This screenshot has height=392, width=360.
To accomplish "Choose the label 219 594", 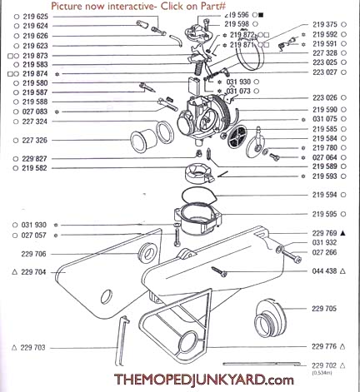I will [x=326, y=195].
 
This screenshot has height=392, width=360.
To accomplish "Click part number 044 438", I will [x=326, y=271].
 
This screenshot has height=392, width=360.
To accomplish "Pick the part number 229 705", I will [x=326, y=308].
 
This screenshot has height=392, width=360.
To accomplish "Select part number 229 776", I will [x=326, y=346].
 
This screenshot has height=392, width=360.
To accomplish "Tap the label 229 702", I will [x=326, y=365].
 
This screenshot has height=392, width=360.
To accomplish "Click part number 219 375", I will [x=326, y=24].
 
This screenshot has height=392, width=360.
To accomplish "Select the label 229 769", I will [x=326, y=233].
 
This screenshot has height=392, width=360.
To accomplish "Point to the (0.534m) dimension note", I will [x=325, y=374].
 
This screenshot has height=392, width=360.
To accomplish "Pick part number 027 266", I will [x=326, y=252].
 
